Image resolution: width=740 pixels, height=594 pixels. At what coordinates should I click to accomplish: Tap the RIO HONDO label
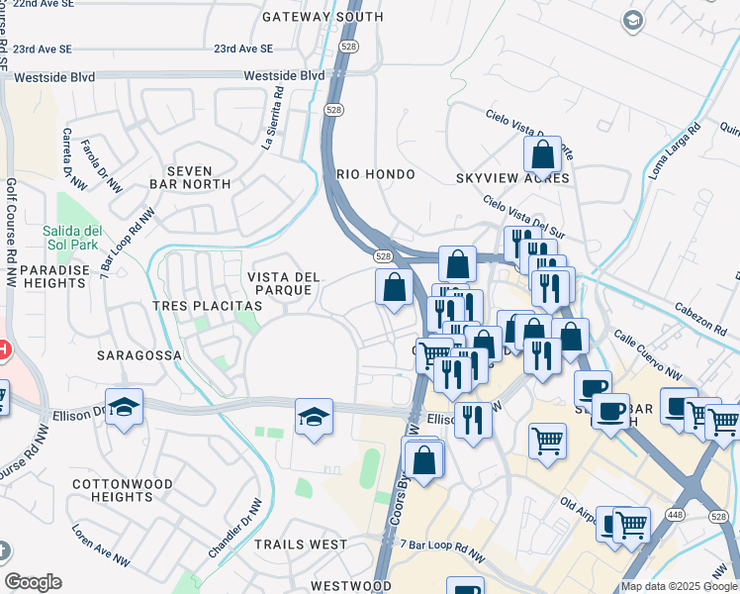point(376,173)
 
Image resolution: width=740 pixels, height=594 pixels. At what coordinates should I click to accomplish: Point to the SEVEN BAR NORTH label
point(190,177)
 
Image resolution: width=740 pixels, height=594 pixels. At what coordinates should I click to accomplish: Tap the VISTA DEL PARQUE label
point(284,283)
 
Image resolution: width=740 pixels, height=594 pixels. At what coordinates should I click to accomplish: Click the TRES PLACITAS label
point(207,306)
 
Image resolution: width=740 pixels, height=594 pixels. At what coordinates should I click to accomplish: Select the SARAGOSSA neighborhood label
point(139,353)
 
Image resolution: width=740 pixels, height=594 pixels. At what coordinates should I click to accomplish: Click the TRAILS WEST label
point(301,544)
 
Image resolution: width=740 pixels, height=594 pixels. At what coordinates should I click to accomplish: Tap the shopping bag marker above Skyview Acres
point(542,155)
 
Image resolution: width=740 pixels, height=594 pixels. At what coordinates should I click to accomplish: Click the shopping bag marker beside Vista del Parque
point(394,288)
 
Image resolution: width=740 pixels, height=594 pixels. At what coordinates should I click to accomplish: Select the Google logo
point(33,582)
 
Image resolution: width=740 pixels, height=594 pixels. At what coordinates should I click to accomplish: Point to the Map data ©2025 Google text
point(678,586)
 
